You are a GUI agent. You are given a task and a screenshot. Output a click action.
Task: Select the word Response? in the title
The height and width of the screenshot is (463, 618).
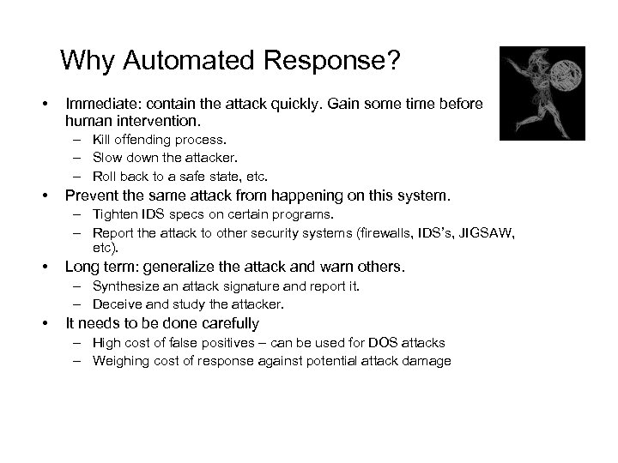(x=328, y=61)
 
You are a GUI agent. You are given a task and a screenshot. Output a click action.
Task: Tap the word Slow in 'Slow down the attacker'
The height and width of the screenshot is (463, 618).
(x=106, y=158)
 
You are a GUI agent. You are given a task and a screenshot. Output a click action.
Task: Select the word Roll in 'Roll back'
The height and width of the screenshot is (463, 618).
(x=105, y=177)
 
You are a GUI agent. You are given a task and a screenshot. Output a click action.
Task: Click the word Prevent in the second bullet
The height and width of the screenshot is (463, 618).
(x=92, y=196)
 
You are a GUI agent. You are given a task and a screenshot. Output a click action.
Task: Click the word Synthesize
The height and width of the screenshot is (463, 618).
(x=126, y=286)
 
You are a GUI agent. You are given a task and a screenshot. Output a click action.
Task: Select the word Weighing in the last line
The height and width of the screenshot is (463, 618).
(x=120, y=361)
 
